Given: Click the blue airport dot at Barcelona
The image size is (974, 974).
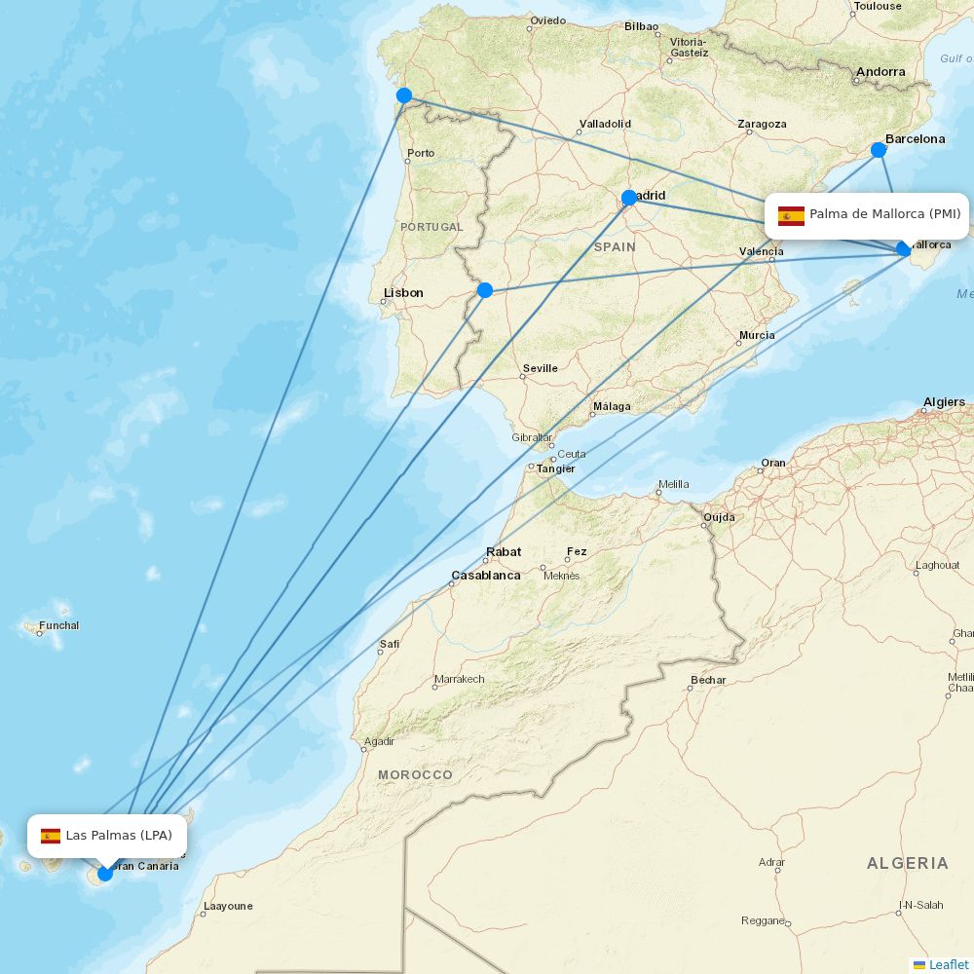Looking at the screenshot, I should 878,149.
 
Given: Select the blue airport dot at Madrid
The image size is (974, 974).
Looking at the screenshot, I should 629,198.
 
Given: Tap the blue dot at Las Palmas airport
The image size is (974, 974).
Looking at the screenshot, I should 105,874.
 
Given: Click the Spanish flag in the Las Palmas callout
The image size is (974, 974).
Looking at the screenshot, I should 51,836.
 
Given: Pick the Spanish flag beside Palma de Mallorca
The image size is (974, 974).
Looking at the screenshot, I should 791,215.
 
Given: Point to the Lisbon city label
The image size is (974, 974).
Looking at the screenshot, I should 403,292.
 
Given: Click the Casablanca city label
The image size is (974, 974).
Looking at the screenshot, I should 485,576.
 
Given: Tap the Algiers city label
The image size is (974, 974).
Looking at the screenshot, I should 944,401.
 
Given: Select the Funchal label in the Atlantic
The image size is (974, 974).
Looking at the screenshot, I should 59,625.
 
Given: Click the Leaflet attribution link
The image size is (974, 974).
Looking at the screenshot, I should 948,964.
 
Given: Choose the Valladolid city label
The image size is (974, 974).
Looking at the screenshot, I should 605,124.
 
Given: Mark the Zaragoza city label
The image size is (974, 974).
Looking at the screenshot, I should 762,124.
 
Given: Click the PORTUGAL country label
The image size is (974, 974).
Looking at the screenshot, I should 431,227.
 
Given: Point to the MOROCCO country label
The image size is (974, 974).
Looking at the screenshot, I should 415,774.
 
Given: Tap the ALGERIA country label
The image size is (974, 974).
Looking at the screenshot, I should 907,863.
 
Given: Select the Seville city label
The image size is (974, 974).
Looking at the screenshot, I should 541,368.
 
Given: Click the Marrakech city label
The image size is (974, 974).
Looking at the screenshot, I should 459,679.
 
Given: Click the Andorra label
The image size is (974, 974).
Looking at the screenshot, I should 880,71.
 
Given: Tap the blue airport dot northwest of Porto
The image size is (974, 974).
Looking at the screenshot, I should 404,95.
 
